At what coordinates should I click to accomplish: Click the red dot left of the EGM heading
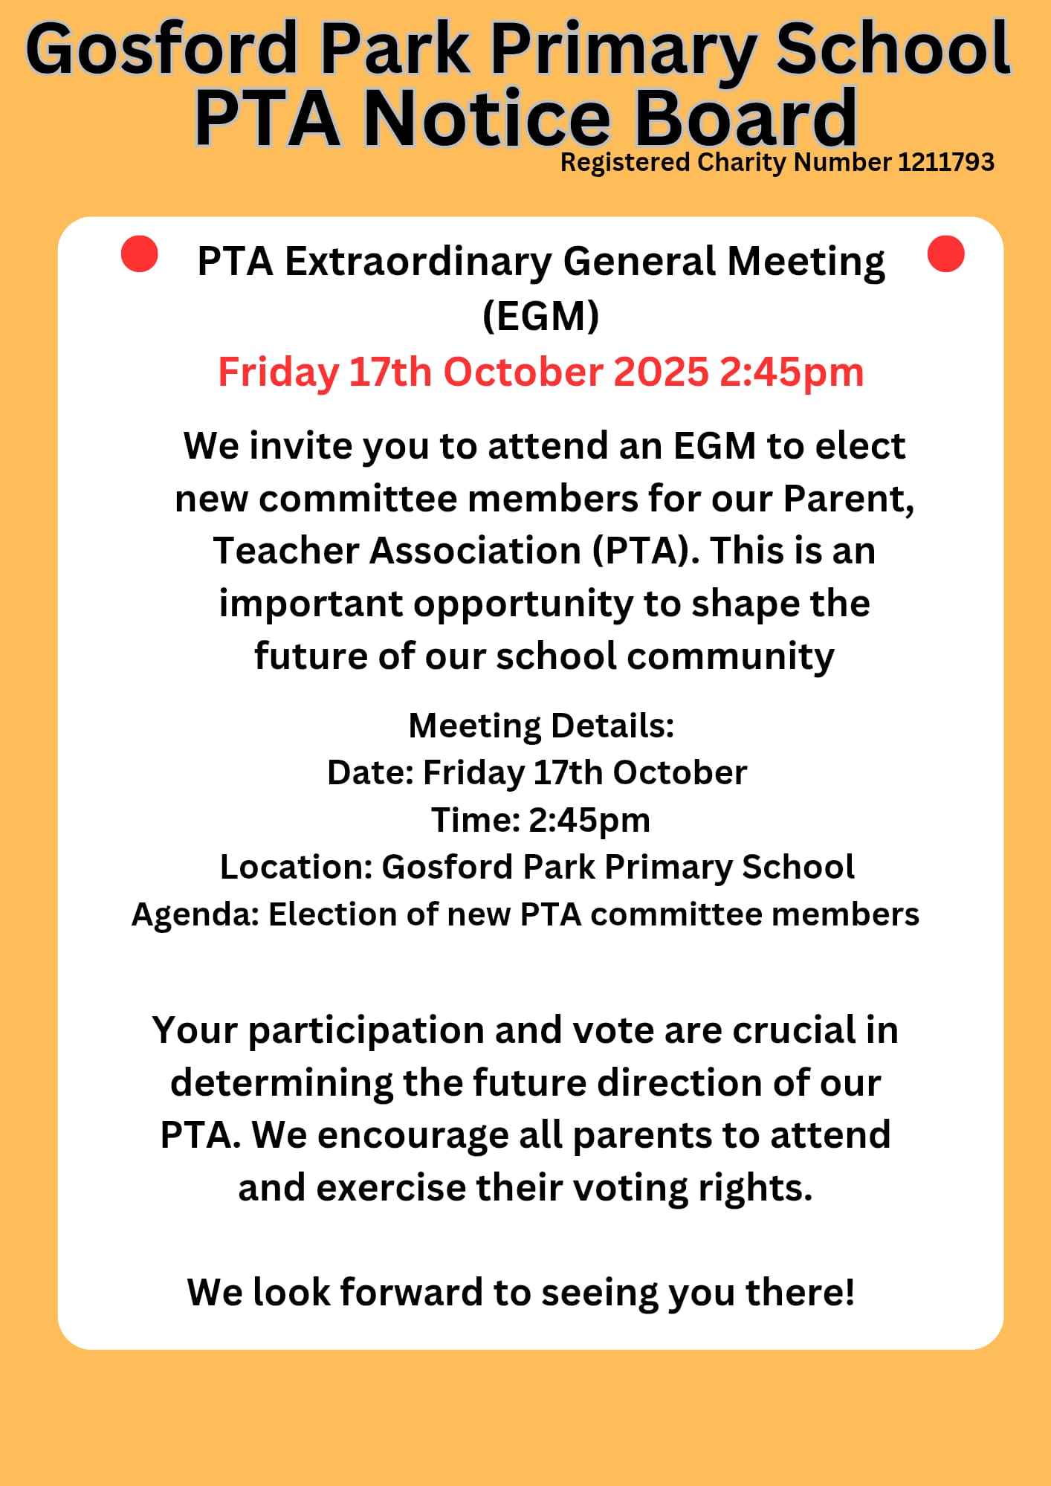(x=139, y=254)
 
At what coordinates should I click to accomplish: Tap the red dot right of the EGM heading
(x=945, y=253)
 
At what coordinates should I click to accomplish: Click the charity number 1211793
(x=945, y=162)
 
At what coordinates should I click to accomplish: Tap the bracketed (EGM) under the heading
(x=540, y=316)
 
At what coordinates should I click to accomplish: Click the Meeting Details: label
(x=541, y=726)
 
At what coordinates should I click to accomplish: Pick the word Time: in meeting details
(x=475, y=820)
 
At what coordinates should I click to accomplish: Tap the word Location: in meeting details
(x=296, y=867)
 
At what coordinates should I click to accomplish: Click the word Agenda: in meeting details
(x=195, y=914)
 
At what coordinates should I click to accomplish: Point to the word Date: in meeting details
(x=370, y=773)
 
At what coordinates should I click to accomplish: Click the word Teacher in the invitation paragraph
(x=286, y=551)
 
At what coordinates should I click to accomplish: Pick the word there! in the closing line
(x=800, y=1292)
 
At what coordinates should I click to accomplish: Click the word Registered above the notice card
(x=625, y=162)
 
